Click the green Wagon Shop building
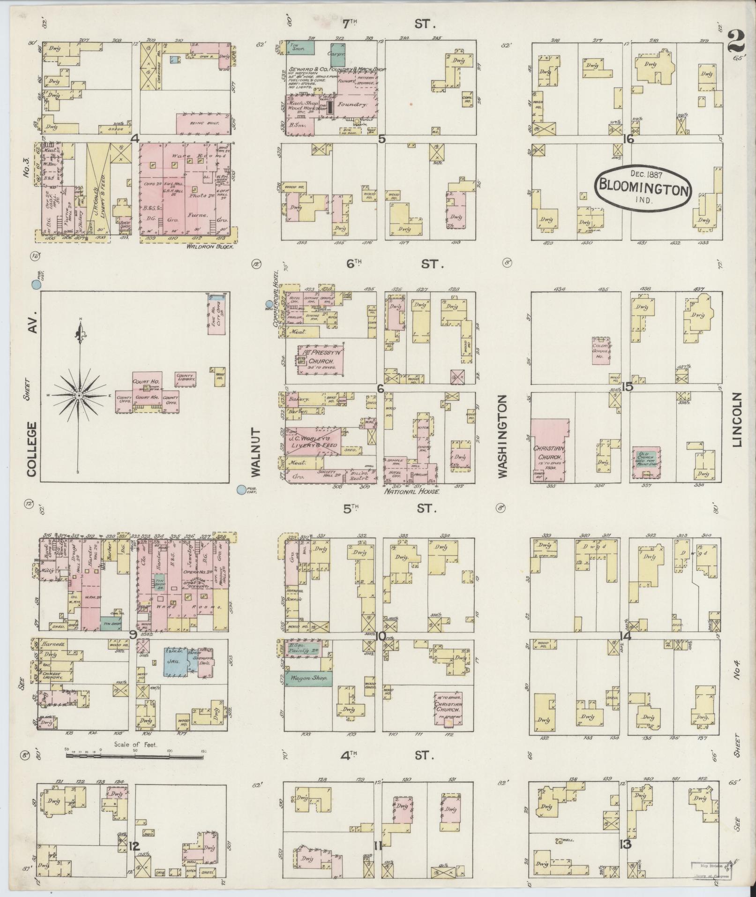click(308, 678)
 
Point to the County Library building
click(186, 379)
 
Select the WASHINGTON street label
click(503, 436)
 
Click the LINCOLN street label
click(737, 420)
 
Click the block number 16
click(628, 139)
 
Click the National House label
click(412, 491)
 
